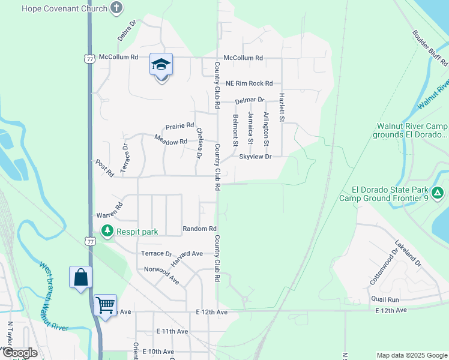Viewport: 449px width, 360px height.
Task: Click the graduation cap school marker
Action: point(161,65)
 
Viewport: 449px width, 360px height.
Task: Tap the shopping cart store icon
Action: point(105,305)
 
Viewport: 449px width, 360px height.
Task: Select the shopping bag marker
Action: point(81,277)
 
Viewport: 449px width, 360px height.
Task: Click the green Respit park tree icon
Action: point(107,230)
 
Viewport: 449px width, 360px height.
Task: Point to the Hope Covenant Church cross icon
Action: point(116,8)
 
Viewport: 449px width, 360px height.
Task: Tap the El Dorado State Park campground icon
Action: point(438,193)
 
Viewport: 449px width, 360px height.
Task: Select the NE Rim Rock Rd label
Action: point(249,83)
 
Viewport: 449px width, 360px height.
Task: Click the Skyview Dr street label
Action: point(256,157)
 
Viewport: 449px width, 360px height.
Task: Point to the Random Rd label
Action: point(199,229)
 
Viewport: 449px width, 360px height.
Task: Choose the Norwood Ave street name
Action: point(161,275)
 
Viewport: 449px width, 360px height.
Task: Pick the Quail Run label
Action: point(385,299)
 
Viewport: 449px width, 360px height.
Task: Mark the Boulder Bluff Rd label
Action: point(430,48)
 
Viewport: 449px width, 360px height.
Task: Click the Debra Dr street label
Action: point(127,31)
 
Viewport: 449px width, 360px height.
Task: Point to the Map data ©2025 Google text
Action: point(411,355)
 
